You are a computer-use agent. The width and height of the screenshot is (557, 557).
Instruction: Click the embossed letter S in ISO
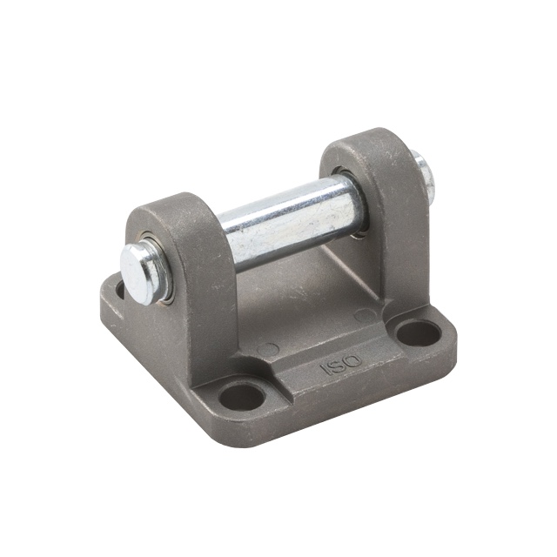pos(336,365)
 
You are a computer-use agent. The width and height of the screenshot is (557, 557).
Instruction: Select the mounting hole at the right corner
pos(418,332)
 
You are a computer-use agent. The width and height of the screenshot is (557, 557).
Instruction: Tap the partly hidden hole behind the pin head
pos(120,289)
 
